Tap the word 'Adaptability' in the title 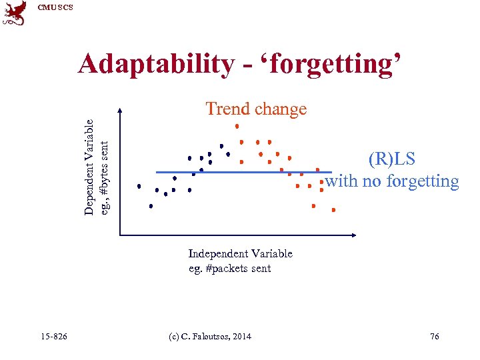(155, 64)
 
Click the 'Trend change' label (256, 109)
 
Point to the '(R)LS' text (391, 159)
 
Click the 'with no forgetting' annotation (392, 181)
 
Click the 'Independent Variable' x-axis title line (240, 253)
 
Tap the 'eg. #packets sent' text (229, 268)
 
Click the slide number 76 (435, 337)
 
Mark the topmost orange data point (236, 125)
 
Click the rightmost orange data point (333, 209)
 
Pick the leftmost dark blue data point (139, 186)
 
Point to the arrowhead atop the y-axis (120, 111)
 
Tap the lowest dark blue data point (151, 206)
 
